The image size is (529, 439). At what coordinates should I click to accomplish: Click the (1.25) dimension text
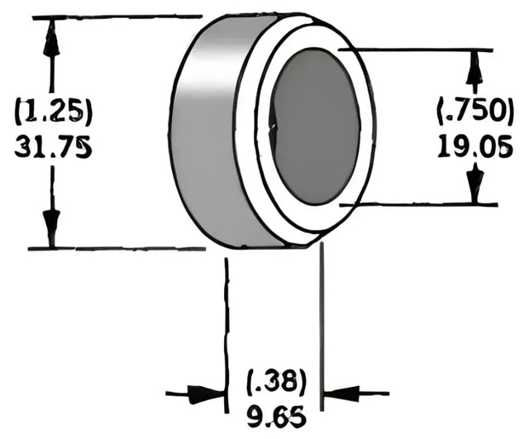(52, 111)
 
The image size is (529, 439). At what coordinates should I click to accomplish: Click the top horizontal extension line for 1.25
(116, 17)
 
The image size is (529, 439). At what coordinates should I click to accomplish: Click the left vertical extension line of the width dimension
(226, 331)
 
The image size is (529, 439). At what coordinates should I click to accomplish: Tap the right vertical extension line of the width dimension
(322, 331)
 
